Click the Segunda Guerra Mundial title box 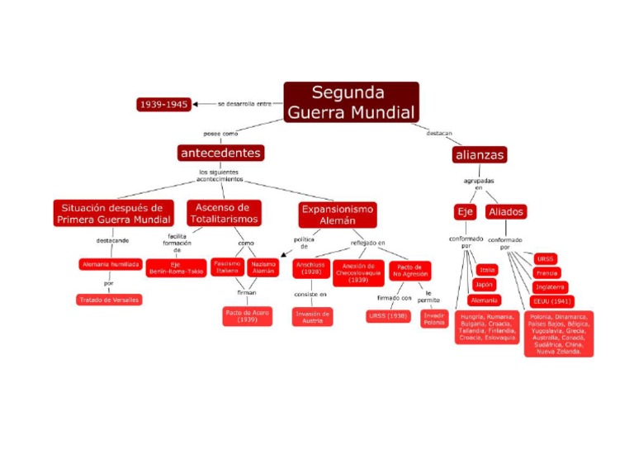[351, 102]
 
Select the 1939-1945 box [163, 105]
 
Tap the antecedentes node [220, 153]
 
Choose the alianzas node [479, 154]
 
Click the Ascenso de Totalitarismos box [223, 213]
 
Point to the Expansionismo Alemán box [337, 215]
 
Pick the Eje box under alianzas [466, 212]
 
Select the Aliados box [506, 212]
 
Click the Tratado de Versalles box [109, 300]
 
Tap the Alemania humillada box [109, 264]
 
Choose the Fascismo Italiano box [227, 267]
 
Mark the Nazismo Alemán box [264, 267]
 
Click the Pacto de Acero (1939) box [247, 316]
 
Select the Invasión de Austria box [313, 316]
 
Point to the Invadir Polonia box [434, 319]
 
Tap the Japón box [484, 285]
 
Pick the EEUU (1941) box [552, 301]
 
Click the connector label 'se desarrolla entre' [244, 104]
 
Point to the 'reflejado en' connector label [368, 243]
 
